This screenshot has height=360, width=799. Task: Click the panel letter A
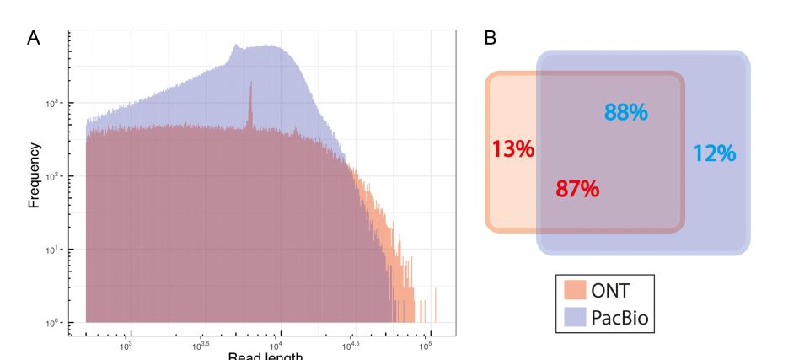click(x=34, y=38)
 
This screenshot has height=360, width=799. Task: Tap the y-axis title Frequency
click(x=35, y=175)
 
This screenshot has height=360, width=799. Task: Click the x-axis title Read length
click(x=264, y=355)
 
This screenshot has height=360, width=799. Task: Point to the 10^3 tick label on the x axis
click(x=126, y=346)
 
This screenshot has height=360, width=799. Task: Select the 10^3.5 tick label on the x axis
click(x=201, y=346)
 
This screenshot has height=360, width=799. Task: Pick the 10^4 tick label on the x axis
click(x=276, y=346)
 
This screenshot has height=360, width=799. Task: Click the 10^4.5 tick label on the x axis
click(x=351, y=346)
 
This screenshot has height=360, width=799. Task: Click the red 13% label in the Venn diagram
click(x=512, y=149)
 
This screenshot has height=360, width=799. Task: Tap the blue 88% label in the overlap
click(x=626, y=112)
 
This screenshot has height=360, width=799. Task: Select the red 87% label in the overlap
click(x=577, y=189)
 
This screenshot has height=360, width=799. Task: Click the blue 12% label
click(x=714, y=153)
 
